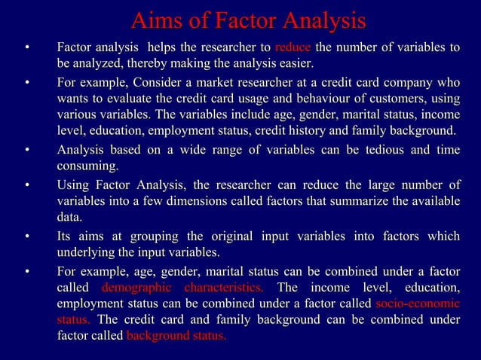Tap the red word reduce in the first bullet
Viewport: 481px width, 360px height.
pos(292,49)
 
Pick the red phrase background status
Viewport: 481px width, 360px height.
pos(176,335)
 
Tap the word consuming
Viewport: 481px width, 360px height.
pos(87,166)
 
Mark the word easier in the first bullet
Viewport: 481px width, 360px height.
pos(294,64)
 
